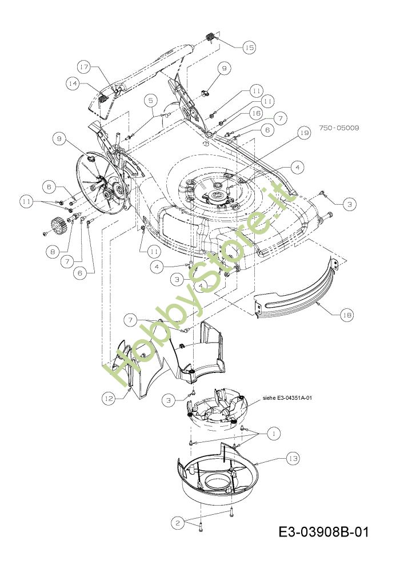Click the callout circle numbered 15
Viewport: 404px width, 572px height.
(x=249, y=47)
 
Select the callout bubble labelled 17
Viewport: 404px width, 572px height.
(x=85, y=67)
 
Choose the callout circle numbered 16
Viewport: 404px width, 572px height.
(x=255, y=114)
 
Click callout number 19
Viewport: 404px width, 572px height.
(x=303, y=133)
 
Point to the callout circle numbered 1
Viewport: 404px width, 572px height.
(x=273, y=434)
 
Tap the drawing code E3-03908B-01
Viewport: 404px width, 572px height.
(x=323, y=532)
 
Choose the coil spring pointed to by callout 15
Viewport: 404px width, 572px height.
(x=210, y=37)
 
